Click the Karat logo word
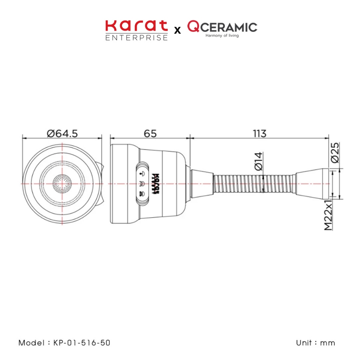pos(136,27)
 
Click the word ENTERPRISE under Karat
pos(136,38)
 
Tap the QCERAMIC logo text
pos(222,26)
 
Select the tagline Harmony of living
pos(220,36)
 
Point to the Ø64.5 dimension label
pos(62,134)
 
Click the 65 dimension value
pos(150,134)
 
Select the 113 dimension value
pos(259,134)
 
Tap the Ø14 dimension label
pos(258,161)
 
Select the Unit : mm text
pos(315,343)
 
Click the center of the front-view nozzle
pos(62,184)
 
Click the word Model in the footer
pos(31,343)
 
